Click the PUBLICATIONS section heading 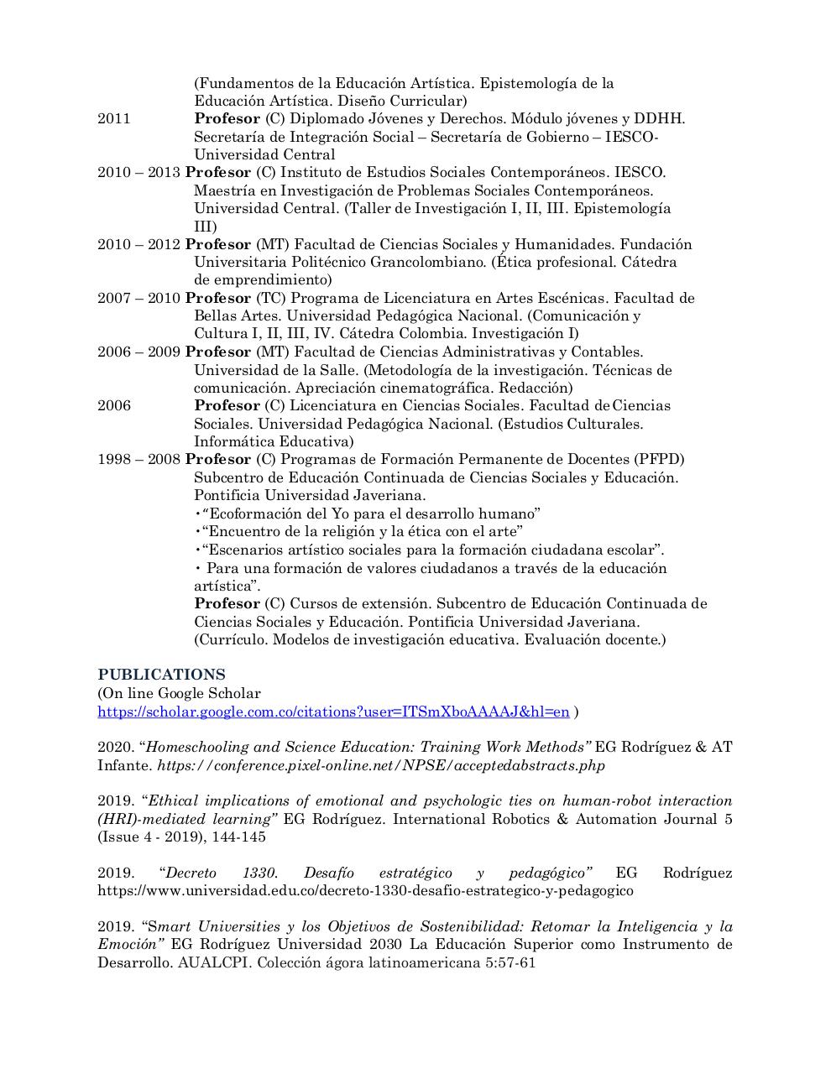click(161, 675)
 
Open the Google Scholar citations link click(333, 712)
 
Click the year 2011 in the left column click(114, 118)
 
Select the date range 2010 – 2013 click(138, 172)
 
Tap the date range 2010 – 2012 click(138, 244)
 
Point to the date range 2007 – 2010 click(138, 298)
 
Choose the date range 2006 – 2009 click(138, 352)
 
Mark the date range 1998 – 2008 click(138, 459)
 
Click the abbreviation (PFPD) click(658, 459)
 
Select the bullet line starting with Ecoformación click(369, 514)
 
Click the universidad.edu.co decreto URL click(365, 890)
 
